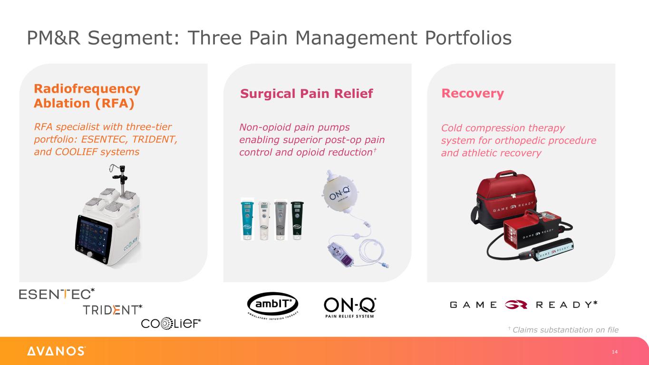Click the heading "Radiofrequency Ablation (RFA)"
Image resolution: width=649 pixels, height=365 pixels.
point(87,96)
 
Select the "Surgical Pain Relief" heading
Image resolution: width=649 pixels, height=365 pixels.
point(306,94)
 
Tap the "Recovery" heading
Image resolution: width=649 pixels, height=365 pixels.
point(472,93)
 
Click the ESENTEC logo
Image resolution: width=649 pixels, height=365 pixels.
point(57,294)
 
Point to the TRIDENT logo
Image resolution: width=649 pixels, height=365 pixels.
point(112,310)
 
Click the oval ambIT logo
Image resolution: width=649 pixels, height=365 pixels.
point(272,304)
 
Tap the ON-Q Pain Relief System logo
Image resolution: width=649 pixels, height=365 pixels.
point(349,307)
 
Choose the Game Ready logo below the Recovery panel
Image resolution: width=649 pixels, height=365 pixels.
point(523,305)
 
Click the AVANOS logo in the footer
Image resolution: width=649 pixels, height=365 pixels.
point(56,351)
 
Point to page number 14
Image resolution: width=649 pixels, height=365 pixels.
point(615,352)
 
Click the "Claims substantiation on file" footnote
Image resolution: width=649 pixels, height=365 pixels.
point(565,330)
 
